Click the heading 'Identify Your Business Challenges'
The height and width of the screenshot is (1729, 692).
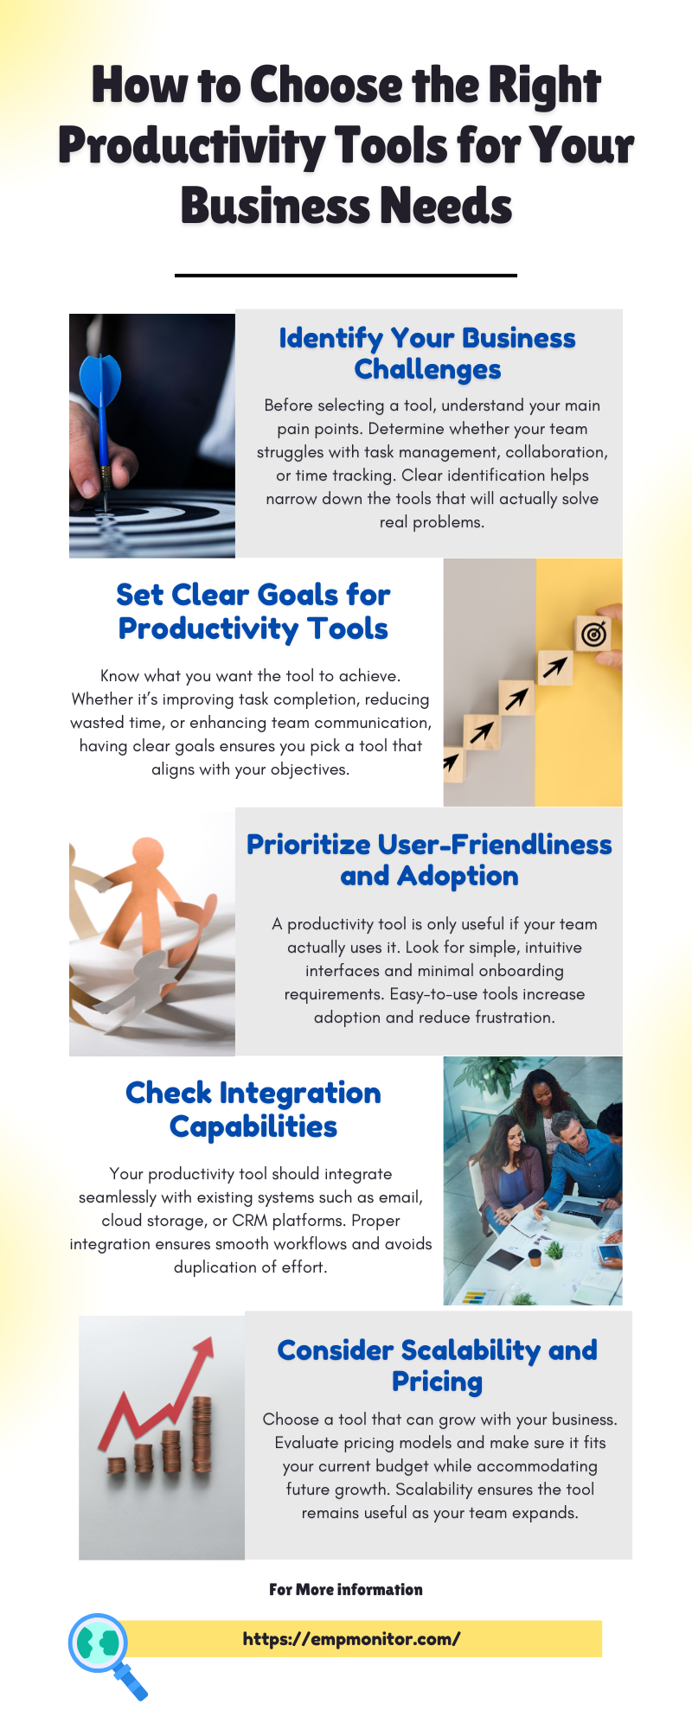point(427,353)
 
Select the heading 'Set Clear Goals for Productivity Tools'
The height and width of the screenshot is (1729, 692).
point(253,611)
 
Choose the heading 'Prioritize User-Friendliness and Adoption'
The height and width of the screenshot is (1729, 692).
point(429,860)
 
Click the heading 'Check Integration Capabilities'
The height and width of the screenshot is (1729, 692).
point(253,1109)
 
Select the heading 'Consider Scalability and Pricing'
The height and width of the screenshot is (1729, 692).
point(438,1365)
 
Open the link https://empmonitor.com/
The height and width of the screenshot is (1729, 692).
point(351,1638)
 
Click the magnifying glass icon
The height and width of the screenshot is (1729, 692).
point(106,1654)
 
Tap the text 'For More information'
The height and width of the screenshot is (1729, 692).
point(346,1589)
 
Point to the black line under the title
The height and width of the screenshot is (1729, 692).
point(346,275)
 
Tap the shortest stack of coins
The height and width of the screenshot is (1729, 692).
point(117,1465)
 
